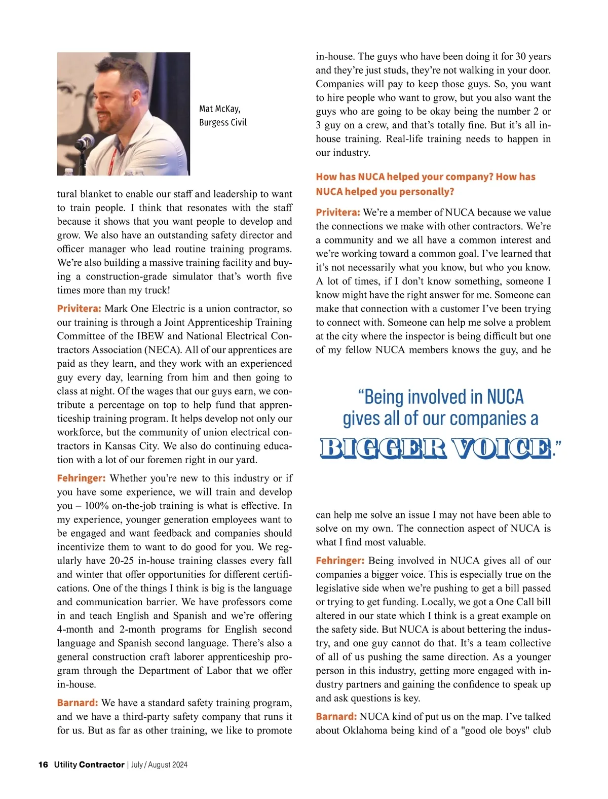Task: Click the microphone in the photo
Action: pyautogui.click(x=84, y=142)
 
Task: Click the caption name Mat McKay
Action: pyautogui.click(x=220, y=109)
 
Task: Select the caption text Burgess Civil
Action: pyautogui.click(x=223, y=122)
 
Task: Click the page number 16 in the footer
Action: pyautogui.click(x=43, y=765)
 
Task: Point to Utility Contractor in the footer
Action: pyautogui.click(x=89, y=765)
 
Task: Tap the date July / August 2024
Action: pyautogui.click(x=159, y=765)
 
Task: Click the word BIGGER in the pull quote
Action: pyautogui.click(x=383, y=448)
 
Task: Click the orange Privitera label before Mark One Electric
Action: pyautogui.click(x=79, y=308)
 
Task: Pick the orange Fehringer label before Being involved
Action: pyautogui.click(x=340, y=561)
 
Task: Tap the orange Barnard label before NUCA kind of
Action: pyautogui.click(x=336, y=716)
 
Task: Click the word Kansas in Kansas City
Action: pyautogui.click(x=122, y=446)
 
